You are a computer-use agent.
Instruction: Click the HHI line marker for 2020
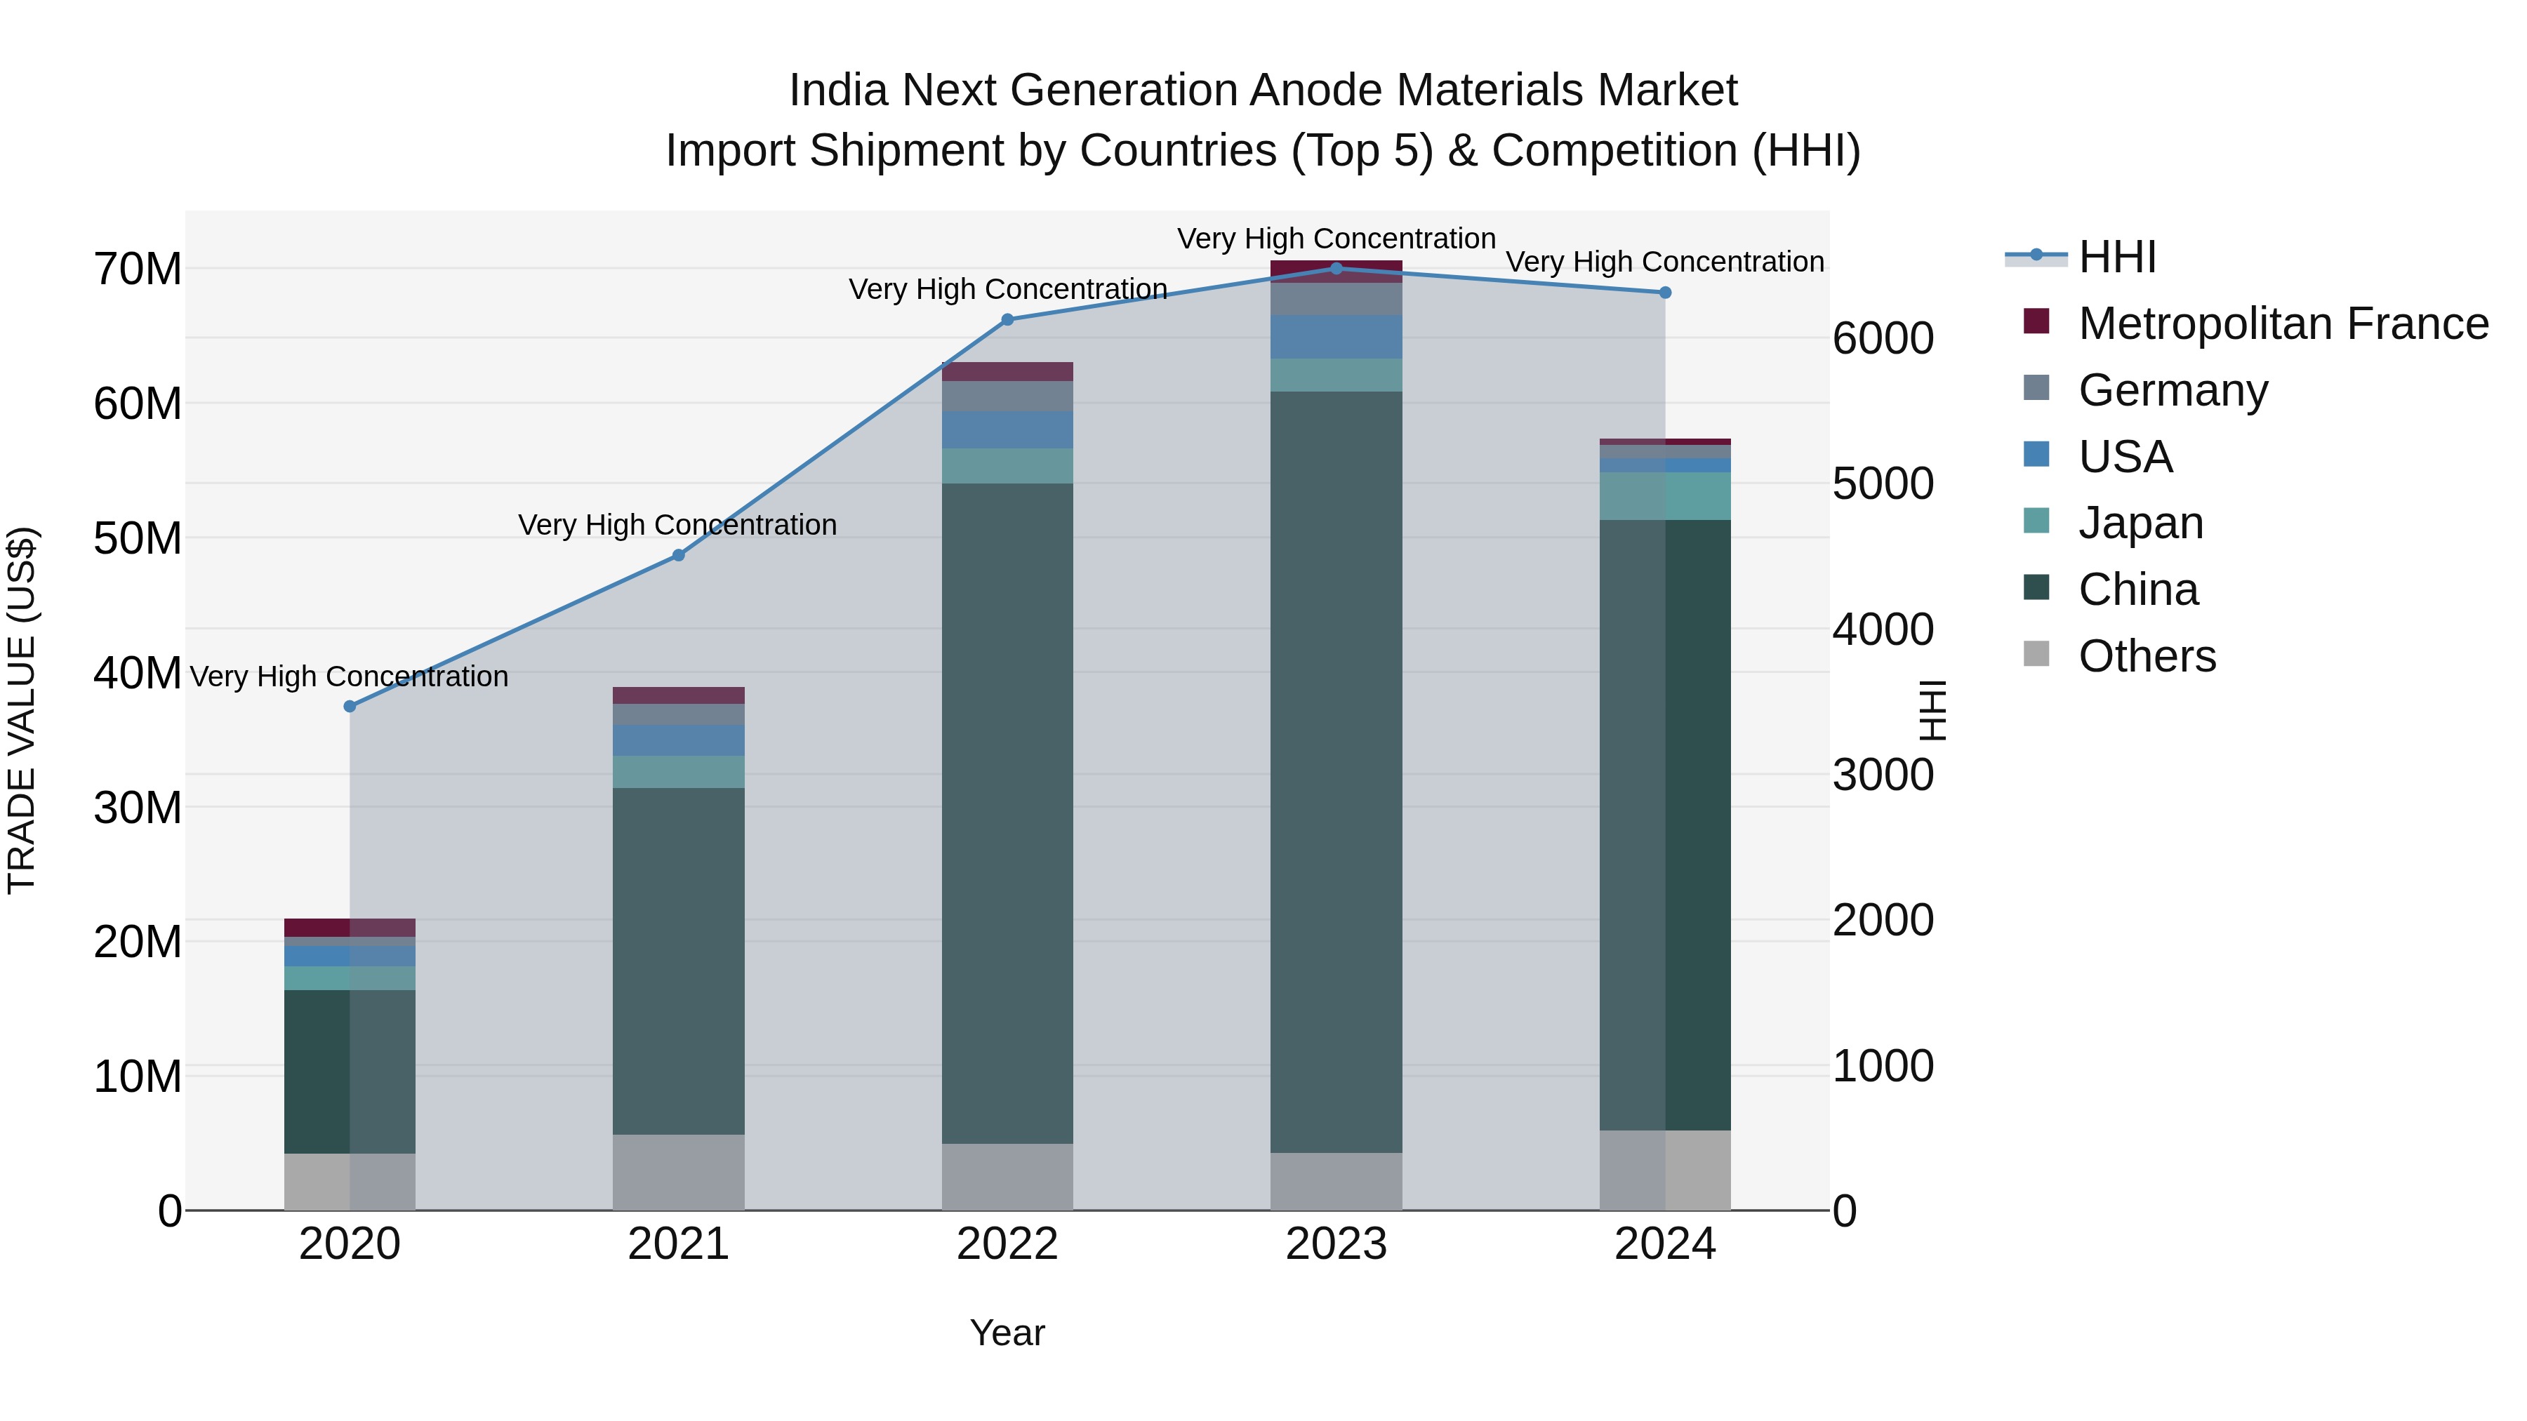point(350,706)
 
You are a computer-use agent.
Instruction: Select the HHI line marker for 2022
point(1007,320)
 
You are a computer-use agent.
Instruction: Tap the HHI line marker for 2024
point(1665,292)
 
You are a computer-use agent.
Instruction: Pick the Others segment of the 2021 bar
point(678,1172)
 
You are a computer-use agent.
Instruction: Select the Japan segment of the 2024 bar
point(1665,496)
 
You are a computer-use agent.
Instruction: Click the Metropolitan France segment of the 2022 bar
point(1007,372)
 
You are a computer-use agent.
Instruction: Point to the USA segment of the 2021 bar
point(678,740)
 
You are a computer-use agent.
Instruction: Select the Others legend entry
point(2147,656)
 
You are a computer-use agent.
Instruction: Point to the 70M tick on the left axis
point(138,269)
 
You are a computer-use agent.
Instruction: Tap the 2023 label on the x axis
point(1335,1244)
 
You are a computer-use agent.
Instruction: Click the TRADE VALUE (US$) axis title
point(22,710)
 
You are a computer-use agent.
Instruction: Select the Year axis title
point(1007,1333)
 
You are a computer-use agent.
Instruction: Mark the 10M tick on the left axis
point(138,1076)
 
